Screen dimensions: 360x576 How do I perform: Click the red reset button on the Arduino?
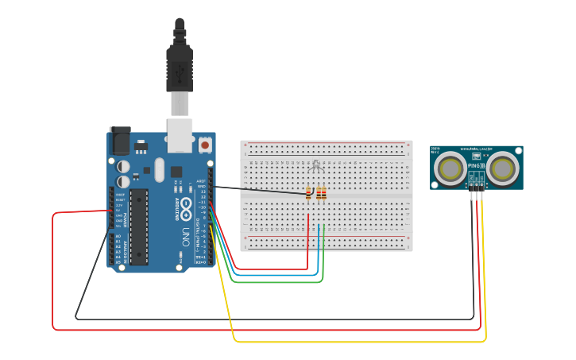click(x=205, y=145)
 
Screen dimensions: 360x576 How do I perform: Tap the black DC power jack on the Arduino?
click(x=119, y=141)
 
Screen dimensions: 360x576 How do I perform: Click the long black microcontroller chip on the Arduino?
click(x=139, y=226)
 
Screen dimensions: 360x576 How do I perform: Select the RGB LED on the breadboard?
click(x=315, y=165)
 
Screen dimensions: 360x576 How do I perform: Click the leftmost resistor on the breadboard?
click(x=308, y=193)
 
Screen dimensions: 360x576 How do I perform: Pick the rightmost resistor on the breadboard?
click(x=323, y=193)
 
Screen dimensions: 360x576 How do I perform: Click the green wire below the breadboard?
click(x=278, y=281)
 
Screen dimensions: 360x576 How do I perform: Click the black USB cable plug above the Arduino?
click(x=179, y=64)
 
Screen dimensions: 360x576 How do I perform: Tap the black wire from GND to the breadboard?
click(x=254, y=190)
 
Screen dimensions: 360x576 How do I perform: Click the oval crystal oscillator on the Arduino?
click(x=159, y=169)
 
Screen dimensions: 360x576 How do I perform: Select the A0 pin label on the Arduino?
click(x=118, y=236)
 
